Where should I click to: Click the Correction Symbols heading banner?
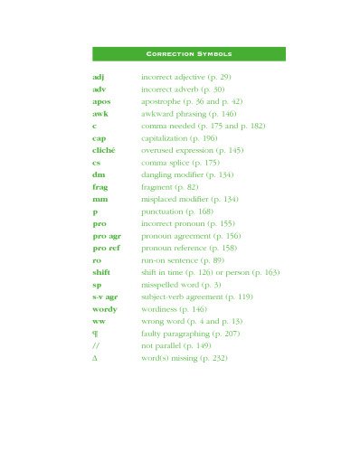(x=189, y=54)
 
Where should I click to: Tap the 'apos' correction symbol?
(x=101, y=102)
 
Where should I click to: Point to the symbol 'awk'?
(x=100, y=114)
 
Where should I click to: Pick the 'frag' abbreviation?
(x=100, y=186)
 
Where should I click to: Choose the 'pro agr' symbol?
(x=107, y=235)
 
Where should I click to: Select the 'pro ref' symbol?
(x=106, y=247)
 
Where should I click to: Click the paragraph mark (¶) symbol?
(x=95, y=333)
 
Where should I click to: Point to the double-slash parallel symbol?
(x=95, y=345)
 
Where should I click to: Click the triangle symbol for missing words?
(x=95, y=357)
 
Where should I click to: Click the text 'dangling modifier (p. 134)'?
(x=187, y=174)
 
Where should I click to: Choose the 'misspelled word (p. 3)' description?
(x=180, y=284)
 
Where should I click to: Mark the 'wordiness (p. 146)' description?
(x=173, y=308)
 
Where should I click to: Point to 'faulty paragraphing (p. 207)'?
(x=190, y=333)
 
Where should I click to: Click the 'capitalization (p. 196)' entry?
(x=179, y=138)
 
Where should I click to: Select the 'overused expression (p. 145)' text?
(x=192, y=150)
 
